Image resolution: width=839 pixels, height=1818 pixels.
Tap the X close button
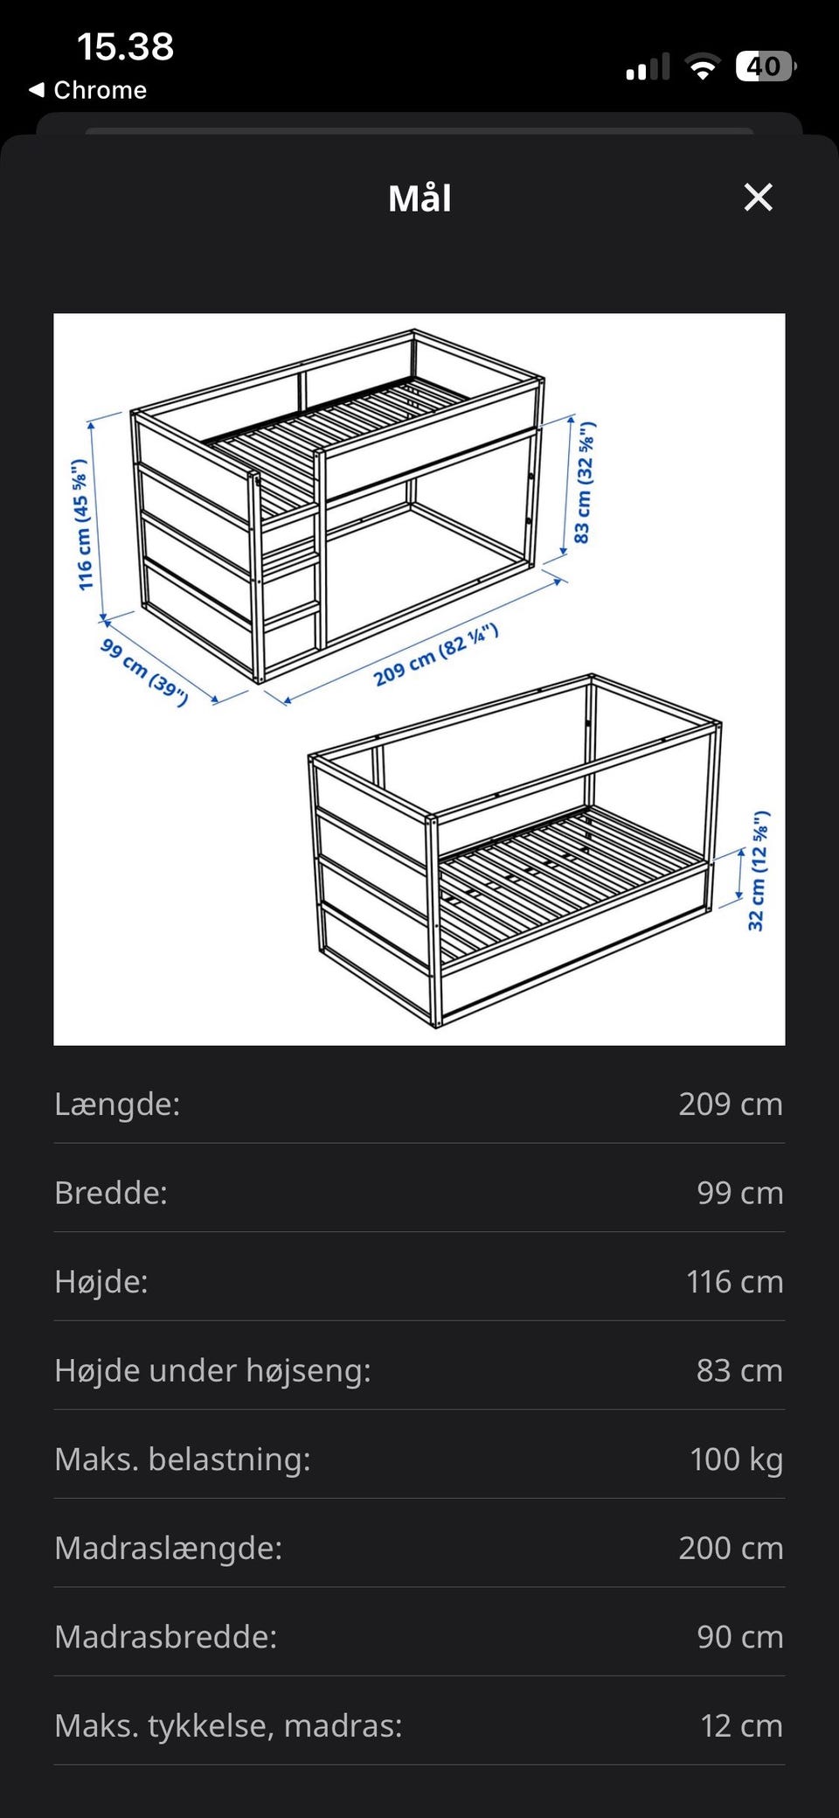pos(758,198)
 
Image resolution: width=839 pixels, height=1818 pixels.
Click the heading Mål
pos(419,199)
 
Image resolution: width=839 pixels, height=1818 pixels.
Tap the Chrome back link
pos(88,90)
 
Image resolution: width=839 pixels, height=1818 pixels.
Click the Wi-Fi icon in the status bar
pos(702,66)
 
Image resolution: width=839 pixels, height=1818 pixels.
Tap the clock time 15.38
pos(125,46)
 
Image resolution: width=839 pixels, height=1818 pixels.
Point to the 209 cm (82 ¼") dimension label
pos(435,655)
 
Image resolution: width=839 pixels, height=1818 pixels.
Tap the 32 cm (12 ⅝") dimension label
pos(758,871)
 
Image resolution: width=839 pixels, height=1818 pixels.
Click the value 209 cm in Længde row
pos(731,1104)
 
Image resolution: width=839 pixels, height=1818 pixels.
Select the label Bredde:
pos(111,1193)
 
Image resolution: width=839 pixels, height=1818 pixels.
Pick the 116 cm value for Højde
pos(734,1281)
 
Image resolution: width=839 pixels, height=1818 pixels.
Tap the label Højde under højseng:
pos(212,1370)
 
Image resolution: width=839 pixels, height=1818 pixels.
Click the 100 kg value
pos(736,1459)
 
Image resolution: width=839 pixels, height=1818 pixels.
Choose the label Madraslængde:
pos(169,1548)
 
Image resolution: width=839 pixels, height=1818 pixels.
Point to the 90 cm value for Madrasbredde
pos(739,1636)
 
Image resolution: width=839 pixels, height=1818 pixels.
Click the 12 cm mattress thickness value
pos(741,1725)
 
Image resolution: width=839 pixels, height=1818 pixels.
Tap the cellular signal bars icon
pos(648,66)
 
